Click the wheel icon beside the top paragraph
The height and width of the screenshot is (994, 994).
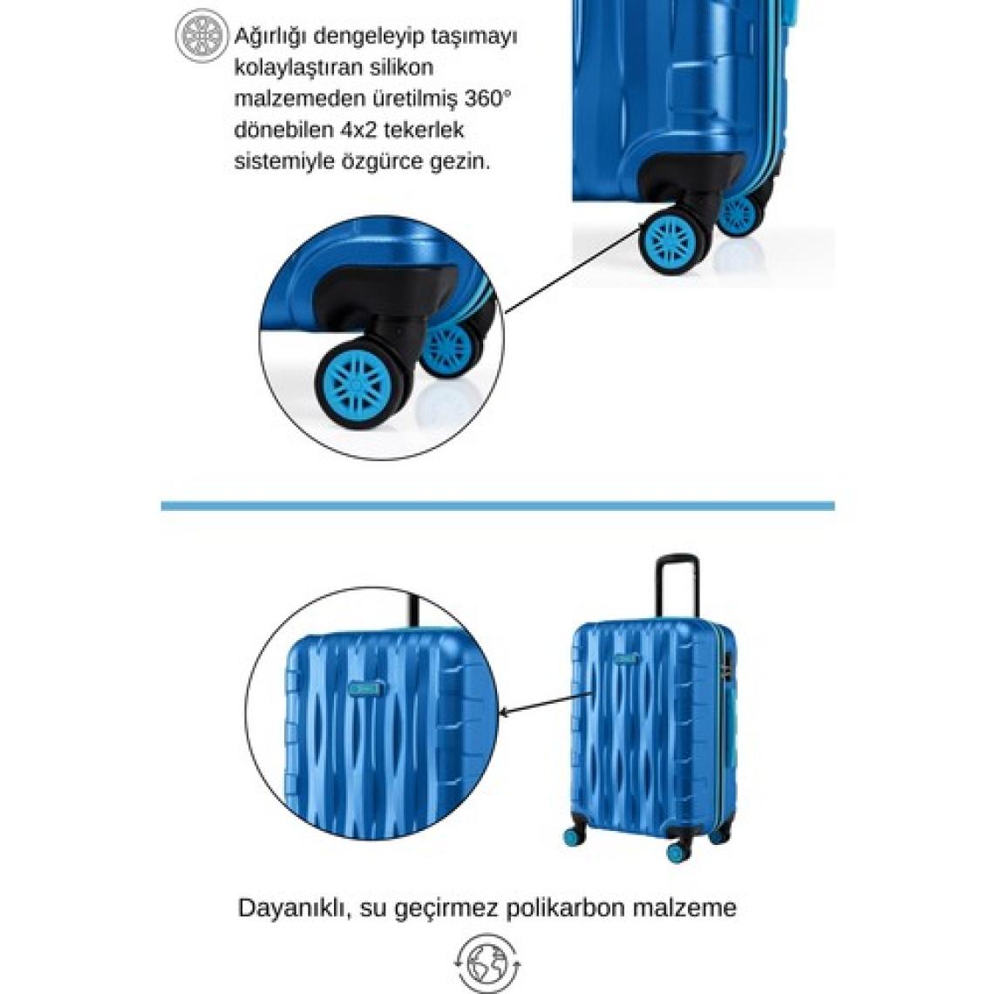click(x=201, y=36)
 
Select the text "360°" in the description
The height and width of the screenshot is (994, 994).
click(x=487, y=99)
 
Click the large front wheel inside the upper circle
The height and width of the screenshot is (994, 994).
click(x=357, y=383)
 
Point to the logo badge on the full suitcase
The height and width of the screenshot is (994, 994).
click(x=627, y=659)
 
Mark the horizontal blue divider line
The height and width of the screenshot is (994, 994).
click(x=498, y=506)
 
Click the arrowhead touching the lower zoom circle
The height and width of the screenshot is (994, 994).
click(x=505, y=711)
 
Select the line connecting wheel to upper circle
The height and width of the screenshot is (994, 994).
click(x=573, y=270)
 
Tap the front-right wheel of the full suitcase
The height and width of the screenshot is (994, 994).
click(x=678, y=849)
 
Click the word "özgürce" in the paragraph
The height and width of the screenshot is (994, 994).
click(x=380, y=161)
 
